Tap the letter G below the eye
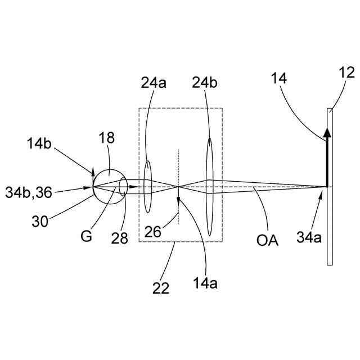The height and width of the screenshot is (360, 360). (86, 236)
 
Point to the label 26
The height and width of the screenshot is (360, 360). (154, 231)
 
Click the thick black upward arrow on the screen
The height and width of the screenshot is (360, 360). (326, 158)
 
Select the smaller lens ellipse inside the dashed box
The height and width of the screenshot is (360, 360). (147, 186)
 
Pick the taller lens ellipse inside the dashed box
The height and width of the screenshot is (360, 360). (210, 187)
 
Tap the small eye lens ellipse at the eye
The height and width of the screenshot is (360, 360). (123, 186)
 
